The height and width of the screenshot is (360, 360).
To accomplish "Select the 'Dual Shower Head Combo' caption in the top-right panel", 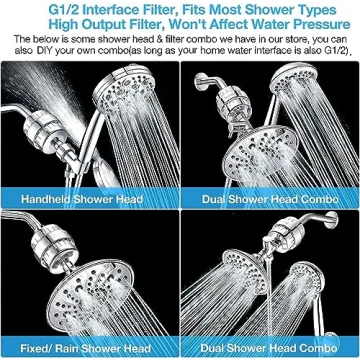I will [x=268, y=198].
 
